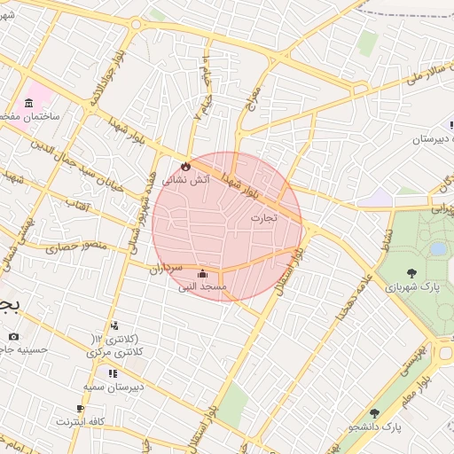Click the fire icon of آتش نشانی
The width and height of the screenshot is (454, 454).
coord(185,166)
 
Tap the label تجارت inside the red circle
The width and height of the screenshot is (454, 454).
coord(263,216)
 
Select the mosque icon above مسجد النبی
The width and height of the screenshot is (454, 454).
coord(203,273)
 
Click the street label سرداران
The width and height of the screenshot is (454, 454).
coord(165,267)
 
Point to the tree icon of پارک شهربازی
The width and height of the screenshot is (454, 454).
coord(411,273)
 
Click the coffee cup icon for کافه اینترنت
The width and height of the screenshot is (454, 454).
coord(80,408)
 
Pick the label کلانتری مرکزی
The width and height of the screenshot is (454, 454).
coord(116,353)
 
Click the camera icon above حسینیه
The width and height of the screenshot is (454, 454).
coord(13,336)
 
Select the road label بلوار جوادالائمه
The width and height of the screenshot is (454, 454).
coord(105,77)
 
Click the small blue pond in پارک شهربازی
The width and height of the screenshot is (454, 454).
coord(438,249)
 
